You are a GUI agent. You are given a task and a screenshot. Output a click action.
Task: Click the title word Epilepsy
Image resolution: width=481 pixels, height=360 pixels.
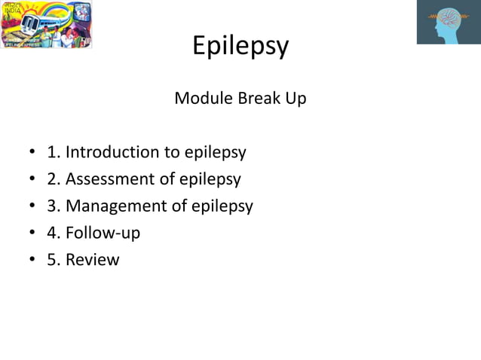tap(240, 47)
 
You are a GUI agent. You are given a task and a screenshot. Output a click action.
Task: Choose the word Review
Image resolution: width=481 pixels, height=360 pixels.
tap(93, 260)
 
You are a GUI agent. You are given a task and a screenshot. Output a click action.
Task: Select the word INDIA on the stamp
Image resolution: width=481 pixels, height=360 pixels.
tap(11, 13)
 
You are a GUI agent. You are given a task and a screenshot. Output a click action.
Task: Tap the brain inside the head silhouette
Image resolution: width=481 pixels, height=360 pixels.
tap(452, 18)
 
